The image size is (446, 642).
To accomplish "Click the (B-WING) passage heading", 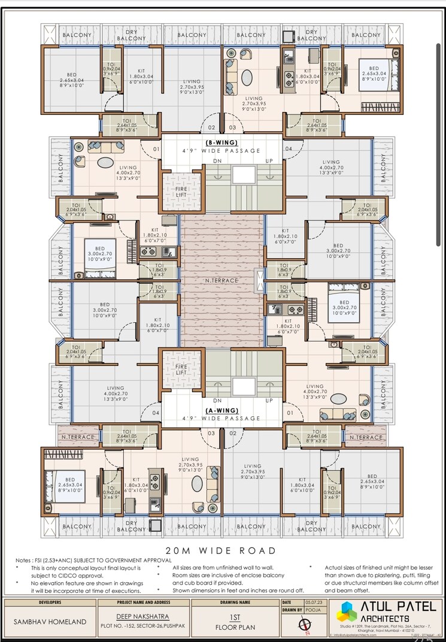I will coord(222,142).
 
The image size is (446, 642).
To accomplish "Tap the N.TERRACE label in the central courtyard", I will coord(222,280).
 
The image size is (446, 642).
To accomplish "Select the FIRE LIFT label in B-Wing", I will coord(181,191).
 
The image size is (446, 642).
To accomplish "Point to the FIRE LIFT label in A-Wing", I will coord(181,369).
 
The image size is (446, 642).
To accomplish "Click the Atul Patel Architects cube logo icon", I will coord(346,612).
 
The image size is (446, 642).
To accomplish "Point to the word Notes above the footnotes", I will coord(25,560).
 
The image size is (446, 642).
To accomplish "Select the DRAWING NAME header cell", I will coord(235,602).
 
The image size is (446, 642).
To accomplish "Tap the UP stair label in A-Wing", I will coord(269,400).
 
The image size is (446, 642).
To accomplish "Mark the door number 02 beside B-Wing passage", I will coord(211,128).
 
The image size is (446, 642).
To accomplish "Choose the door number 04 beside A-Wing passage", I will coord(156,413).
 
